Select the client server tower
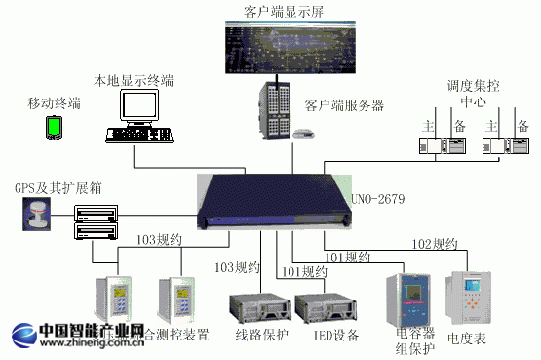coord(276,110)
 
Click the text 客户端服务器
coord(344,104)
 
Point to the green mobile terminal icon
coord(55,126)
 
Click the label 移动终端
coord(55,102)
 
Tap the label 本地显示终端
coord(134,78)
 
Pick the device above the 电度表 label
coord(471,298)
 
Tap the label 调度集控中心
coord(474,93)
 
